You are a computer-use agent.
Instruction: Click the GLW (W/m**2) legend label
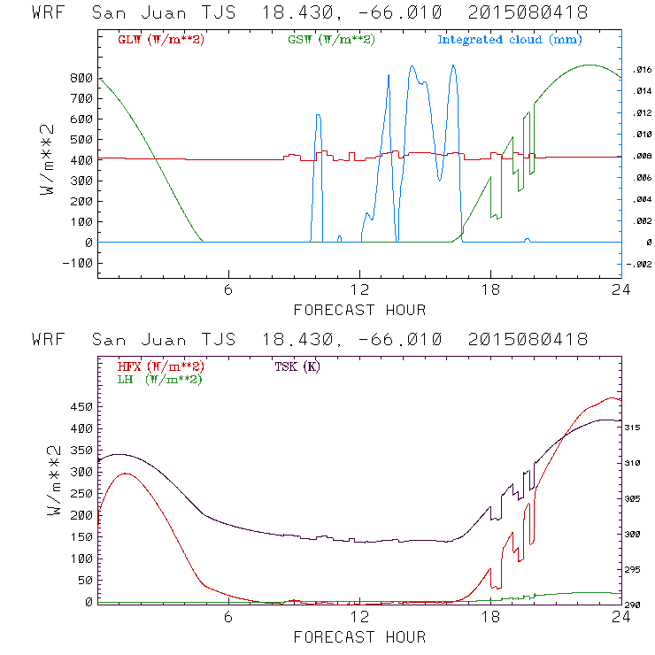[156, 40]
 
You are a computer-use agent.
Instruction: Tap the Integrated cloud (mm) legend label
[510, 40]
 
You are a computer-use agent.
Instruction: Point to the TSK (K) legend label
[297, 366]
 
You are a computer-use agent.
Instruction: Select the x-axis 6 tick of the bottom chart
[228, 617]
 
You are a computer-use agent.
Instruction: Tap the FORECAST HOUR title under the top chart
[359, 310]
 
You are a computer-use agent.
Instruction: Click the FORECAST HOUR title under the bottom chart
[359, 637]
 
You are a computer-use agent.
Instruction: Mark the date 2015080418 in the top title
[528, 13]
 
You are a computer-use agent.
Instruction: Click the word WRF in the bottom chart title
[49, 340]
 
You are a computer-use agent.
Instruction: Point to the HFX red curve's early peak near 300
[126, 474]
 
